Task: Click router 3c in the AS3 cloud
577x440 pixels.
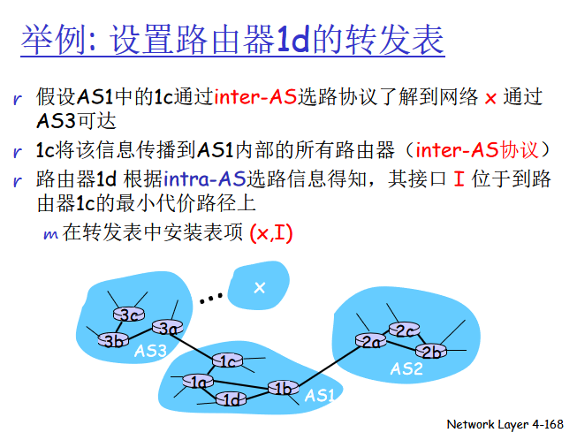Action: (129, 315)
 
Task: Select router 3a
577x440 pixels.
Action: (168, 328)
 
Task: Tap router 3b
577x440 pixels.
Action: (113, 340)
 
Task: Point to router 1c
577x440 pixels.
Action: (227, 360)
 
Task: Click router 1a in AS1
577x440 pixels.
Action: (198, 382)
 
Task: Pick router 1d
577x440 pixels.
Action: (231, 398)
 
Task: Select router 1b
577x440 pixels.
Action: (283, 388)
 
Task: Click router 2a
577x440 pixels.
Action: (371, 341)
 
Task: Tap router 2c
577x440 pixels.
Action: (405, 330)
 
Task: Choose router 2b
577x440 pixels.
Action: (431, 352)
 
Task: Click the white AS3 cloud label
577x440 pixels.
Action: (150, 351)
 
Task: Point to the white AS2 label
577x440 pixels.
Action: (406, 368)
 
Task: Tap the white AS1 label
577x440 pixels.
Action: (320, 396)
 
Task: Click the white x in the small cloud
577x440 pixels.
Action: (260, 287)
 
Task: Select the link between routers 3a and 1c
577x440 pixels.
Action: (198, 345)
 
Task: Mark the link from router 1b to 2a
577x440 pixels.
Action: (327, 365)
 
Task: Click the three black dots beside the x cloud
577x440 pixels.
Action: (211, 299)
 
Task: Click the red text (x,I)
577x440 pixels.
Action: (271, 233)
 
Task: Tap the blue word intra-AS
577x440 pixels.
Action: (205, 179)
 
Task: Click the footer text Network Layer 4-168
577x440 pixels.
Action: (505, 424)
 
